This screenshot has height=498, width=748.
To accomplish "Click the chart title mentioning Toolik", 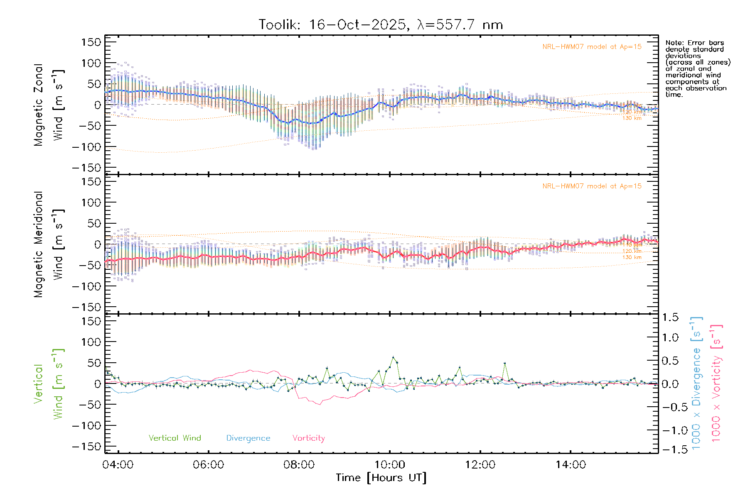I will click(381, 25).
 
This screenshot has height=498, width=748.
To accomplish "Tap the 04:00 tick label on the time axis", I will click(118, 465).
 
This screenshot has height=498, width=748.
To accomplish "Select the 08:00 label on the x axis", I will click(299, 465).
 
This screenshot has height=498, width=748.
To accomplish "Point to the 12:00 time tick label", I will click(480, 465).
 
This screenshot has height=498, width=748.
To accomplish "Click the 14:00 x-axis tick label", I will click(571, 465).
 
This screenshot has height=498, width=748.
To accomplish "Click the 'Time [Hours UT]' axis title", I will click(381, 478).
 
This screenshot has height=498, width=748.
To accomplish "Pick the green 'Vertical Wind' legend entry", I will click(175, 438).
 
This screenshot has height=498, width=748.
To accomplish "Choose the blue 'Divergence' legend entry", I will click(248, 438).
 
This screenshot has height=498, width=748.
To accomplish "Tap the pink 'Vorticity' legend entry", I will click(308, 438).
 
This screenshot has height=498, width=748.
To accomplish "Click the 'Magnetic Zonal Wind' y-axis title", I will click(49, 105).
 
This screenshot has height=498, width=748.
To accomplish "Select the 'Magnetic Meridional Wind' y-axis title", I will click(49, 244).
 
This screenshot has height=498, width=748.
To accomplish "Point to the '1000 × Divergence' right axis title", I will click(696, 383).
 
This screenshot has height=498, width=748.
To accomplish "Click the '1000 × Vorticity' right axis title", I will click(716, 383).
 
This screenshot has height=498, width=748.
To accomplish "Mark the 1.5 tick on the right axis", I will click(670, 317).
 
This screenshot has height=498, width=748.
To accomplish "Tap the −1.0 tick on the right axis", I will click(670, 430).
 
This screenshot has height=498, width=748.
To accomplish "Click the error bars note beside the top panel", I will click(697, 68).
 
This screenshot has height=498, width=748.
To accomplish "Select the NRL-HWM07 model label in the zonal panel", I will click(592, 47).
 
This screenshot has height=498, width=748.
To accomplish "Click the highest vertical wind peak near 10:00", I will click(393, 357).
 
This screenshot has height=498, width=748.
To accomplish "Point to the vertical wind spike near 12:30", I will click(505, 363).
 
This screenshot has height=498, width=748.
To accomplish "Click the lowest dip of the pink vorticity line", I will click(320, 404).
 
